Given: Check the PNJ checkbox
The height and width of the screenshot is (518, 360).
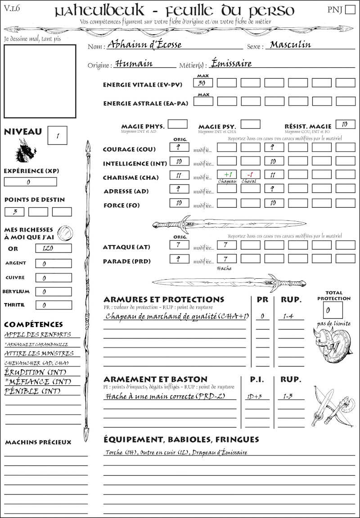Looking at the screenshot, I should (349, 10).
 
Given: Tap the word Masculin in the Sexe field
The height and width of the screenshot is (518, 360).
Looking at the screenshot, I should (291, 45).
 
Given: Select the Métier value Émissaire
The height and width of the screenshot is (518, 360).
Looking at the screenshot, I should (231, 63).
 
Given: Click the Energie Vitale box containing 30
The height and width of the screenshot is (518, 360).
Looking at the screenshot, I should (203, 83).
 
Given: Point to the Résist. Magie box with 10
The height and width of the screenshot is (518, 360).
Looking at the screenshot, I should (345, 124).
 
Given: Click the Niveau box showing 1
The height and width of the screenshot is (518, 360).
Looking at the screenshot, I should (58, 135).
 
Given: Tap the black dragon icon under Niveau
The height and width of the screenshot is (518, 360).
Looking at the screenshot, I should (25, 151).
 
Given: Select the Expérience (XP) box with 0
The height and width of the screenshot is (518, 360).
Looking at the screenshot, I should (30, 182).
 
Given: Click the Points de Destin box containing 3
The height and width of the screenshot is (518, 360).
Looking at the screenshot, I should (14, 212).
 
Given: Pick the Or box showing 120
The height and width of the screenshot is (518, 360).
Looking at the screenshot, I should (53, 248).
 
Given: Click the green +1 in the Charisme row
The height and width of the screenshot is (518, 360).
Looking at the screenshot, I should (227, 174).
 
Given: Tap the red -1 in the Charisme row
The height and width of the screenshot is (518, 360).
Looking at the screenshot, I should (250, 174).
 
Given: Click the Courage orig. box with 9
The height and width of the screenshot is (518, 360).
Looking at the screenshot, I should (179, 147).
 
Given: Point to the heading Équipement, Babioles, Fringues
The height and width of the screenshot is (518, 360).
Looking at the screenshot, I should (181, 439).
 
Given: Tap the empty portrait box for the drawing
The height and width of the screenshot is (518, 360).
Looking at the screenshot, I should (40, 81).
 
